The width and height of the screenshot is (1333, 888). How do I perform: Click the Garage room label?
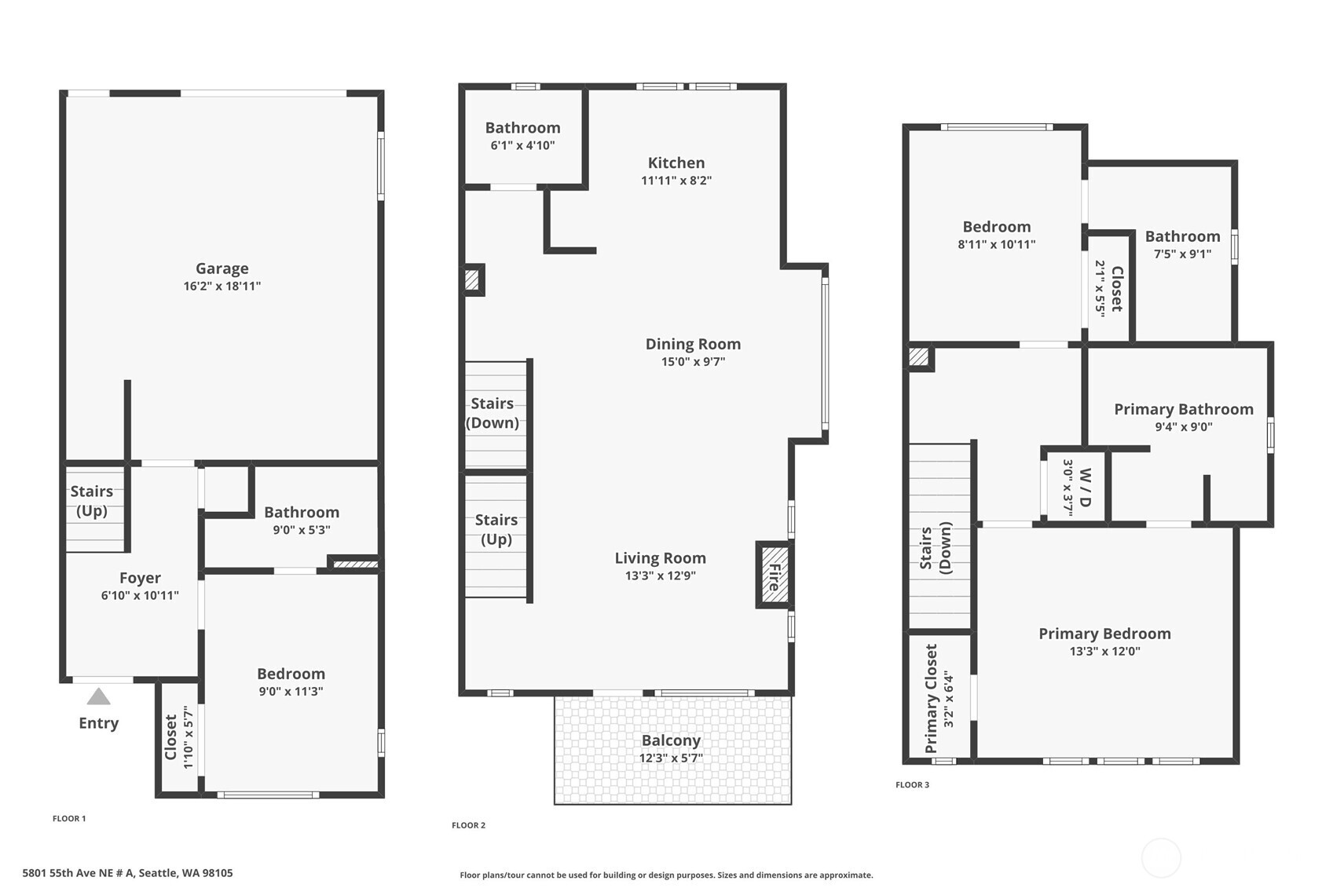222,269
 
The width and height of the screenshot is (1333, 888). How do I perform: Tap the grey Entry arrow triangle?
98,697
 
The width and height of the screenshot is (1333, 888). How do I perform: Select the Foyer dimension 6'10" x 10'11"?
140,596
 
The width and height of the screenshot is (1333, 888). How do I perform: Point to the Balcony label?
671,740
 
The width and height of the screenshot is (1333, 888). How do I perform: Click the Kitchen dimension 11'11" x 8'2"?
676,181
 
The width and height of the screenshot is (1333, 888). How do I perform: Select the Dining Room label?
693,344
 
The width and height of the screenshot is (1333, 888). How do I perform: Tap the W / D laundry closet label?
1085,487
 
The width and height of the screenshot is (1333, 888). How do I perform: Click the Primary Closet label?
932,698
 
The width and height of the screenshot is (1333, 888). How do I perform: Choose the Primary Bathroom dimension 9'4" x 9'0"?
1183,427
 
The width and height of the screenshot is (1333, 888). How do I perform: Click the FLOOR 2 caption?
468,825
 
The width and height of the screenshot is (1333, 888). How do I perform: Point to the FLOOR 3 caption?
912,784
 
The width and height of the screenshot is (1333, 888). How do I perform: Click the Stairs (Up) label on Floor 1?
92,501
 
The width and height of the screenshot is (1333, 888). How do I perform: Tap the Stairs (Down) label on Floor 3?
935,548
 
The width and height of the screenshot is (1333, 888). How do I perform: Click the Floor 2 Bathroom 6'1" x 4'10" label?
522,128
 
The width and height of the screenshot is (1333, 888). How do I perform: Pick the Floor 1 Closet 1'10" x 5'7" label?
170,736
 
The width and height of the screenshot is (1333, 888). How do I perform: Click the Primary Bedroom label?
1104,634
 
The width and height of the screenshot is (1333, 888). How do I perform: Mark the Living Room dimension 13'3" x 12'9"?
660,576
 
